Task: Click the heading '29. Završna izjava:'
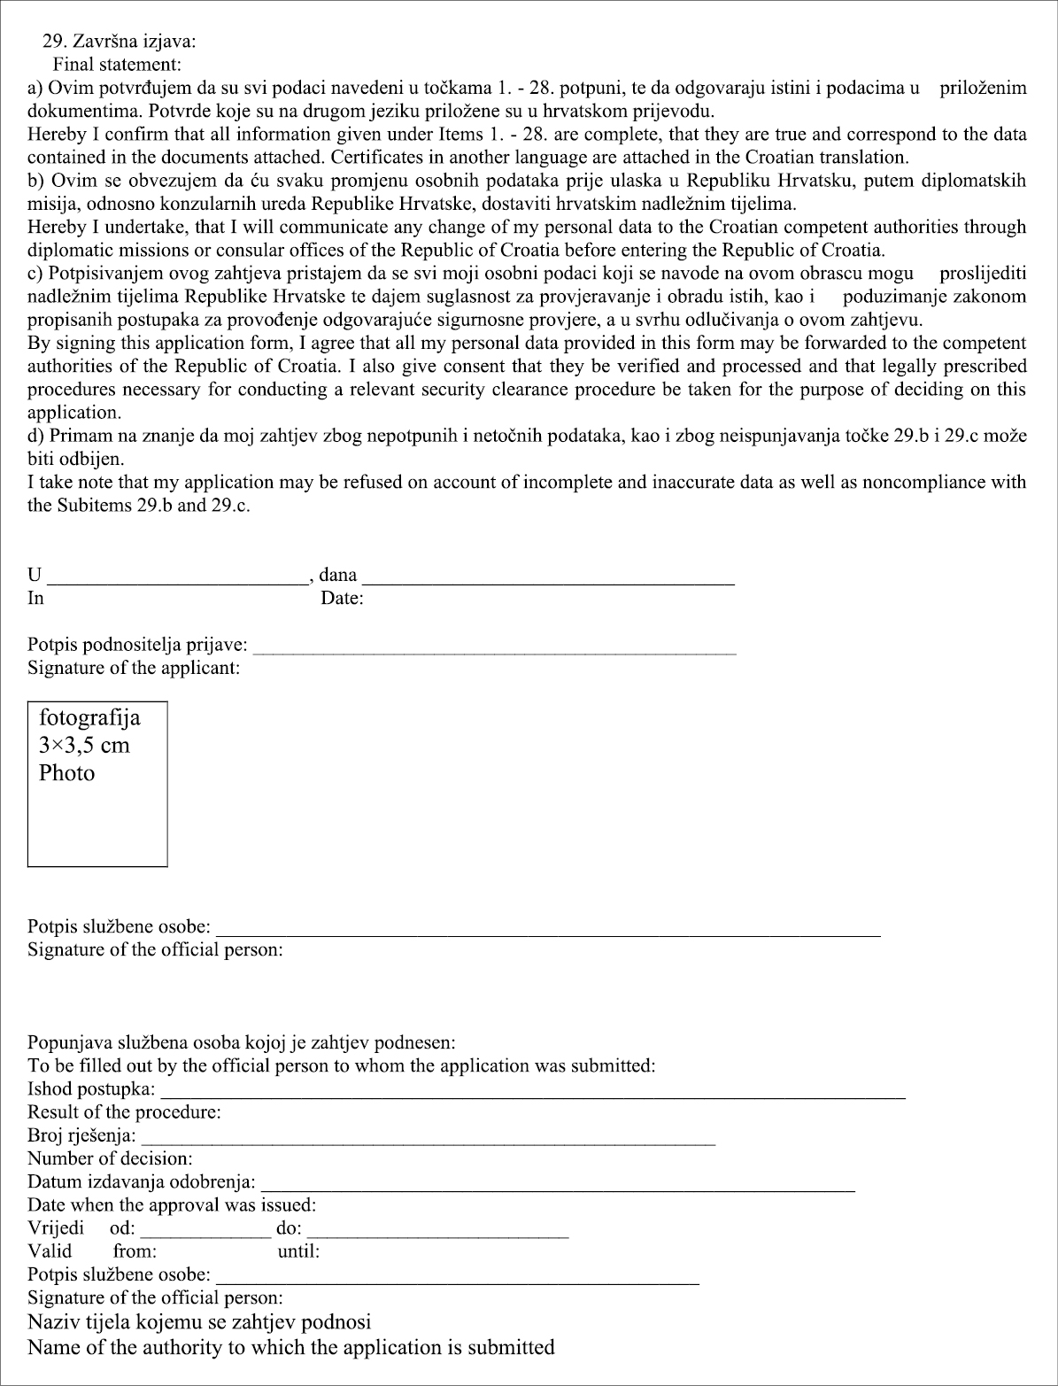(x=120, y=41)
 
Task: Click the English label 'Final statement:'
(x=116, y=64)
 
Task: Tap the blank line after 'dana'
(x=549, y=583)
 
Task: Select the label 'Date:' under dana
(x=342, y=599)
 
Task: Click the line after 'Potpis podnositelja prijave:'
(x=499, y=651)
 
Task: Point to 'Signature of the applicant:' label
(x=134, y=668)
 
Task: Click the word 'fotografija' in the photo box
(x=89, y=716)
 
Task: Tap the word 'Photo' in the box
(x=66, y=773)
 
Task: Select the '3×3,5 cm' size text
(x=84, y=745)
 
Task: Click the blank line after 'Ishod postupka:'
(x=532, y=1096)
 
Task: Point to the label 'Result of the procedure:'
(x=124, y=1111)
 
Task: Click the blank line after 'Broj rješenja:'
(x=429, y=1143)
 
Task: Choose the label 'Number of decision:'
(x=110, y=1158)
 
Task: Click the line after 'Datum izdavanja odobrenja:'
(x=558, y=1189)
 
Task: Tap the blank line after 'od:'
(x=205, y=1235)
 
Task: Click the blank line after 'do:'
(x=437, y=1235)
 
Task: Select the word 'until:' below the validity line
(x=298, y=1251)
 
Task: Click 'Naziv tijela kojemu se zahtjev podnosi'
(x=199, y=1322)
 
